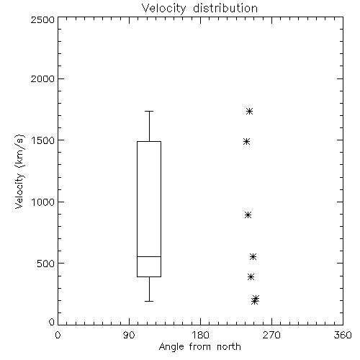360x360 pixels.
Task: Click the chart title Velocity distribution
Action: click(x=199, y=8)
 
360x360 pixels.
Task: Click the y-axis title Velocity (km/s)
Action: click(x=19, y=171)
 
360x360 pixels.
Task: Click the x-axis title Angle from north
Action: click(x=199, y=346)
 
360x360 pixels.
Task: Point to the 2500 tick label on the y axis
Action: click(x=42, y=19)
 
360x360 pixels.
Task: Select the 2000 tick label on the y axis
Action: click(x=42, y=78)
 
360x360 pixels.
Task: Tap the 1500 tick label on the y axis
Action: click(x=43, y=140)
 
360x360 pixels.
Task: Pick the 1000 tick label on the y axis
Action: click(x=43, y=202)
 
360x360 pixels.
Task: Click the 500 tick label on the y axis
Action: click(x=46, y=264)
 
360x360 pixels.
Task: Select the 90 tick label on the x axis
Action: click(x=129, y=335)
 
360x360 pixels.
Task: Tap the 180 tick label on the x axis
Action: click(x=200, y=335)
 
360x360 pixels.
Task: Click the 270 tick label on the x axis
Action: click(x=271, y=335)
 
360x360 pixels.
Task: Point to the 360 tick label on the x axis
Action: click(x=343, y=335)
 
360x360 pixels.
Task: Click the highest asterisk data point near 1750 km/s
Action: click(x=250, y=112)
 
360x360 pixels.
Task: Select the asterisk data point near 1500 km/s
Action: click(x=247, y=142)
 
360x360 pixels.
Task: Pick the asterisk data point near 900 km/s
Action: click(x=248, y=215)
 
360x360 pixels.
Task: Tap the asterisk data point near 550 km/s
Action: click(x=253, y=257)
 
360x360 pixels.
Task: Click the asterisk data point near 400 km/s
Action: click(x=251, y=277)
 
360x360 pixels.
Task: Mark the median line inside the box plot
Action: click(x=149, y=256)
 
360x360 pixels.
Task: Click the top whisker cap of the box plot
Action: click(x=149, y=112)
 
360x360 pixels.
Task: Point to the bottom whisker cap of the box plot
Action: click(x=149, y=301)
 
